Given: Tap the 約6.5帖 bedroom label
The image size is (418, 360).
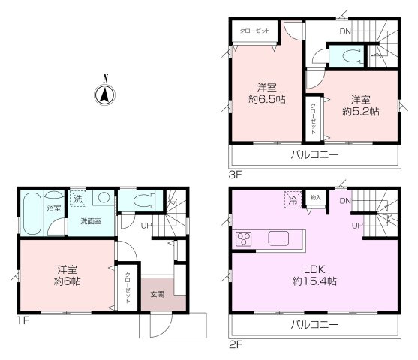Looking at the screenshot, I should (x=269, y=91).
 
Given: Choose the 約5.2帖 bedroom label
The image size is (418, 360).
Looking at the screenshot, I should (x=360, y=105).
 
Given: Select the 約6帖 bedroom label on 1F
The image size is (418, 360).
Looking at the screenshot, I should (x=66, y=275).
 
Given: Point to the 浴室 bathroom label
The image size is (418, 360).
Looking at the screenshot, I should (x=53, y=207).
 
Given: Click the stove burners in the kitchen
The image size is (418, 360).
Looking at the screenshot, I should (x=244, y=240).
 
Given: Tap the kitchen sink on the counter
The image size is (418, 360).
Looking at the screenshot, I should (x=279, y=239).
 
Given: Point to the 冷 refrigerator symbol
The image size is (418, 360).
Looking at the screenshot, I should (x=290, y=200).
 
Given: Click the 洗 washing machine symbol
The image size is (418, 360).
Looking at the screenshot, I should (x=78, y=199).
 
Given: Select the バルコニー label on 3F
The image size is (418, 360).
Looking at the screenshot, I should (x=314, y=155).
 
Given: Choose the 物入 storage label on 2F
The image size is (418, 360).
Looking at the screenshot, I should (x=316, y=198).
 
